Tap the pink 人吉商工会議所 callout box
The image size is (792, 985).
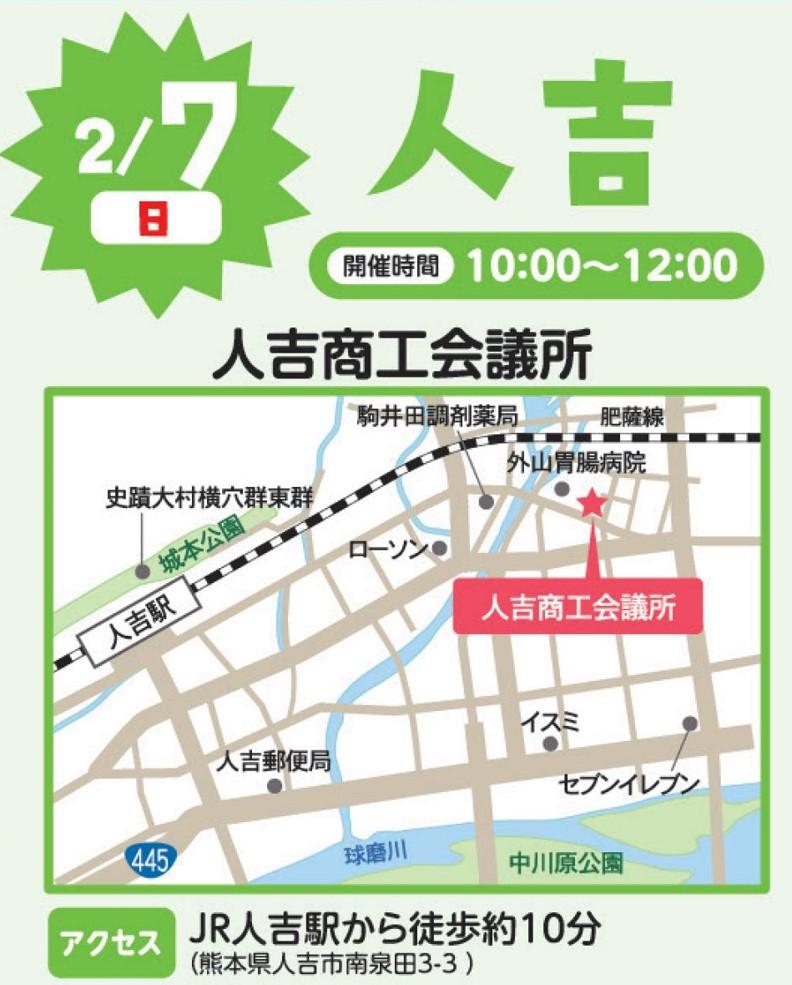[578, 607]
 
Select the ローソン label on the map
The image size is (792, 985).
[387, 549]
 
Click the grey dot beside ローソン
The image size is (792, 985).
[439, 548]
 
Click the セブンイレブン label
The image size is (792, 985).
[628, 783]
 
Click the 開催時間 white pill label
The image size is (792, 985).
[396, 267]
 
